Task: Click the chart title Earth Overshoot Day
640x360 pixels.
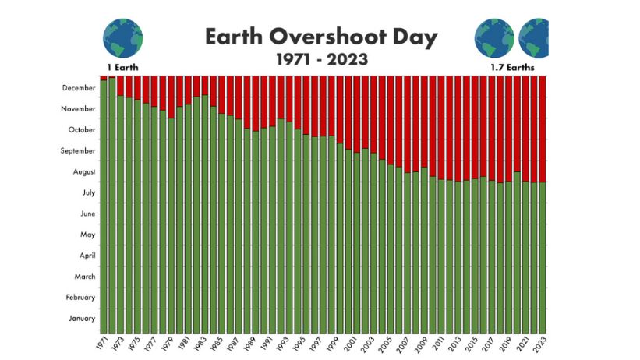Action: tap(321, 37)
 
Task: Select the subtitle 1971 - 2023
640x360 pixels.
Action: tap(322, 59)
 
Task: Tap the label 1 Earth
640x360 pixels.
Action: tap(122, 67)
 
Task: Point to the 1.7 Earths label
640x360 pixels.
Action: tap(513, 67)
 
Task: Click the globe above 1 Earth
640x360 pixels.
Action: tap(123, 38)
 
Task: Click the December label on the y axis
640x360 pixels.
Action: tap(79, 88)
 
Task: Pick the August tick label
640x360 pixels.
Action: tap(84, 172)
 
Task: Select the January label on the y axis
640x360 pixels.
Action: tap(82, 319)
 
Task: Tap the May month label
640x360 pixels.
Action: tap(88, 235)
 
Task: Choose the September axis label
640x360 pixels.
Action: tap(78, 151)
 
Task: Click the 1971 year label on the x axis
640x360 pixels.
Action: tap(102, 342)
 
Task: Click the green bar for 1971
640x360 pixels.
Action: tap(104, 206)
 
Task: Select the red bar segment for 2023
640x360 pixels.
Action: tap(543, 129)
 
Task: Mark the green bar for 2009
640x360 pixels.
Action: tap(425, 250)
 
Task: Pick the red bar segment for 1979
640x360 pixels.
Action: tap(171, 97)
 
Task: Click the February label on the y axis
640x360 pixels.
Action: tap(80, 298)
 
